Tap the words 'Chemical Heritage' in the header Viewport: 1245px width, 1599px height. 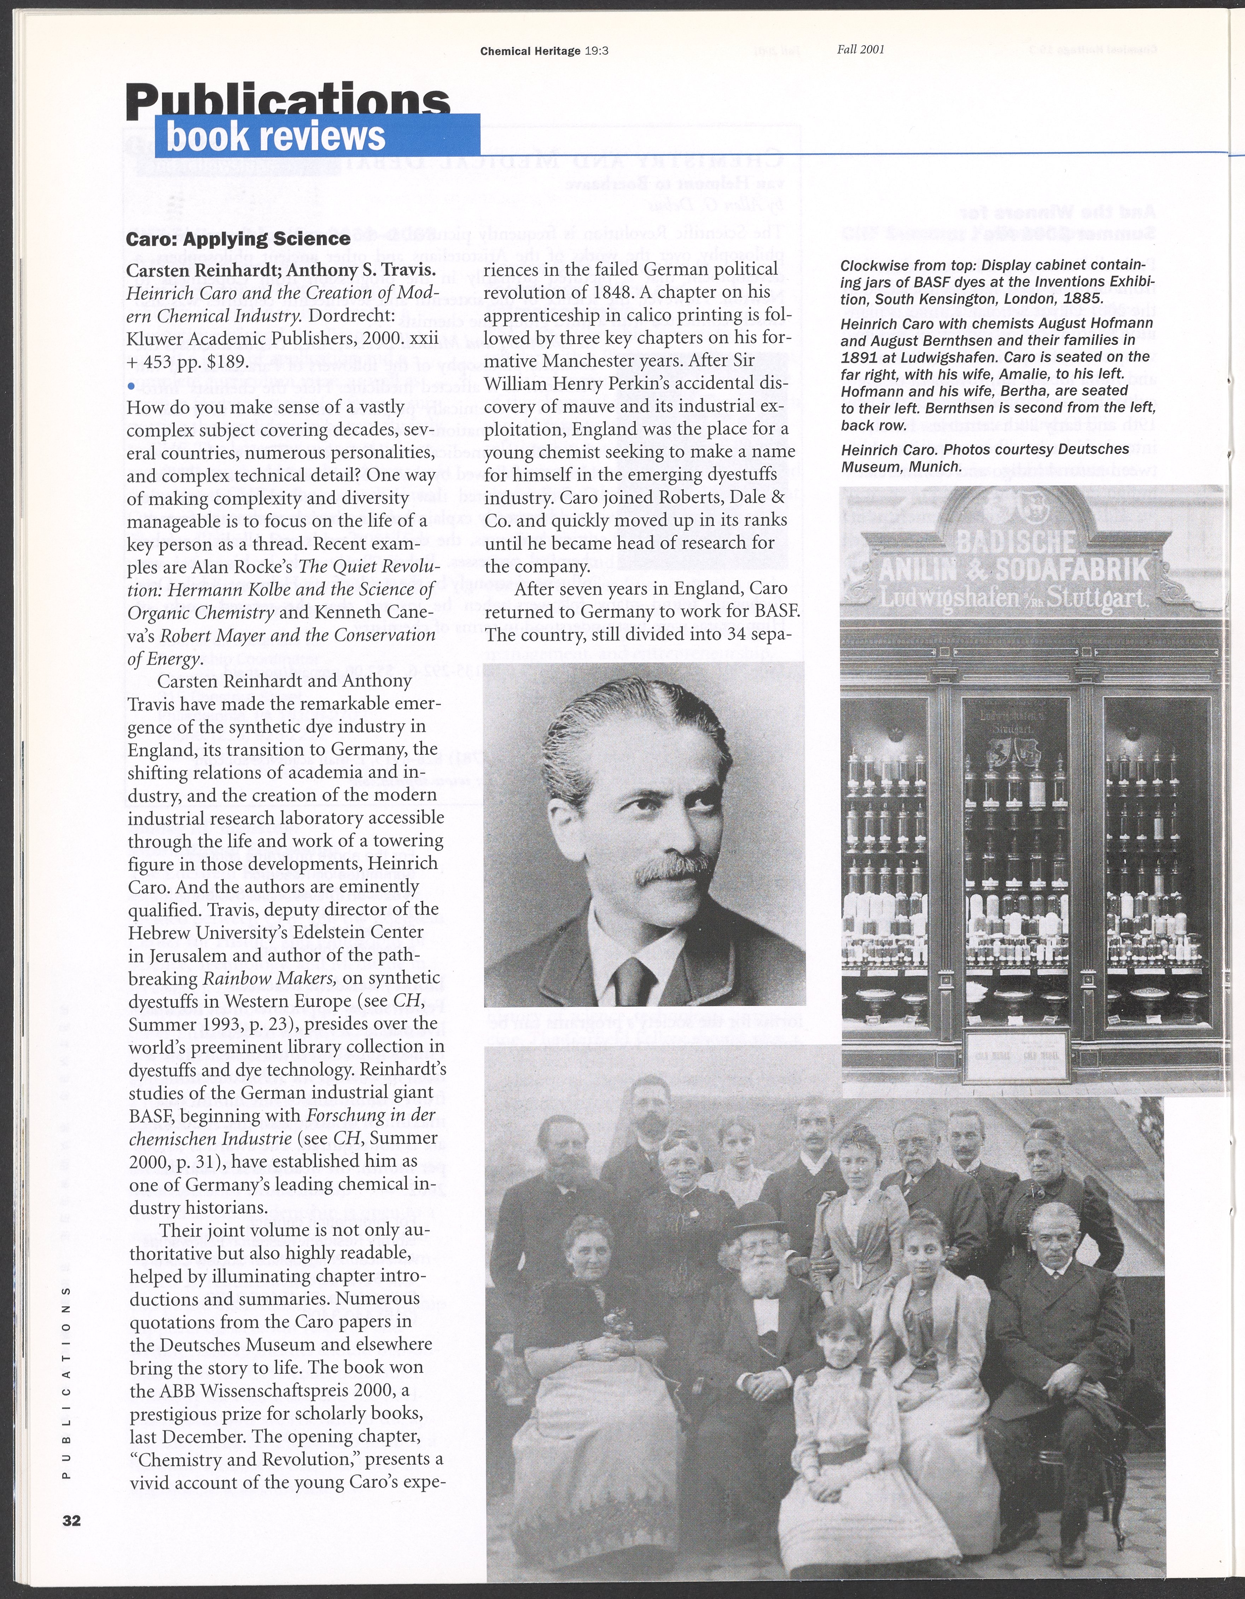tap(530, 51)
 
